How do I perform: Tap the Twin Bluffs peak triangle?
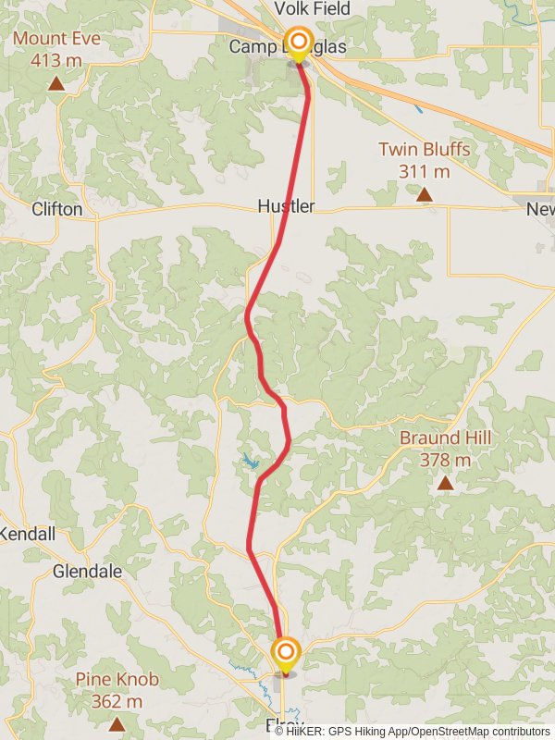click(x=425, y=194)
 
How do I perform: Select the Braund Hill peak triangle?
click(x=445, y=483)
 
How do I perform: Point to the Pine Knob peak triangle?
click(x=117, y=724)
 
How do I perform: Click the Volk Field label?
click(x=312, y=9)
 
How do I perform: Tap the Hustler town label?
click(x=286, y=206)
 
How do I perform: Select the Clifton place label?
click(x=56, y=209)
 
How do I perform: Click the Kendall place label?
click(x=27, y=534)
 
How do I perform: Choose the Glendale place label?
click(x=87, y=572)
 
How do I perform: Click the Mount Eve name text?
click(x=56, y=39)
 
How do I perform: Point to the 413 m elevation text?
click(x=56, y=61)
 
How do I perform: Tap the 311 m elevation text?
click(x=425, y=171)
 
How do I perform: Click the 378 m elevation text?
click(x=445, y=460)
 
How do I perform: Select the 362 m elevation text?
click(x=117, y=701)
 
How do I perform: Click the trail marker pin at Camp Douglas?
click(x=298, y=44)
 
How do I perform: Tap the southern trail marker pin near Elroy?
click(x=285, y=653)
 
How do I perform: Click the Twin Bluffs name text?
click(x=425, y=149)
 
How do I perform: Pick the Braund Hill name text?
click(x=445, y=438)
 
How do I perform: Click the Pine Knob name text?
click(x=117, y=680)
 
